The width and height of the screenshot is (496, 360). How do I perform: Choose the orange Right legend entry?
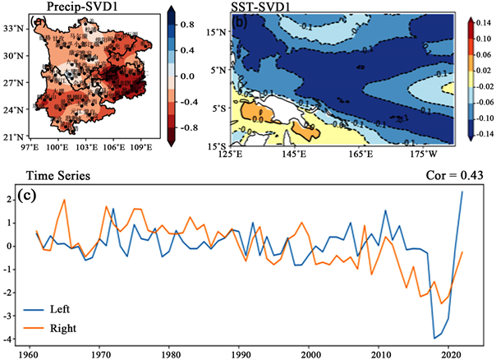[63, 328]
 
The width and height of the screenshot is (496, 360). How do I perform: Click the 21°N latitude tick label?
[16, 136]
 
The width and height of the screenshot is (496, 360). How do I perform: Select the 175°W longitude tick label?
[424, 153]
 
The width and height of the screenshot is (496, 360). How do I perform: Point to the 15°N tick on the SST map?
[217, 32]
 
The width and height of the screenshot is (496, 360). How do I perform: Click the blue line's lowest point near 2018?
[435, 338]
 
